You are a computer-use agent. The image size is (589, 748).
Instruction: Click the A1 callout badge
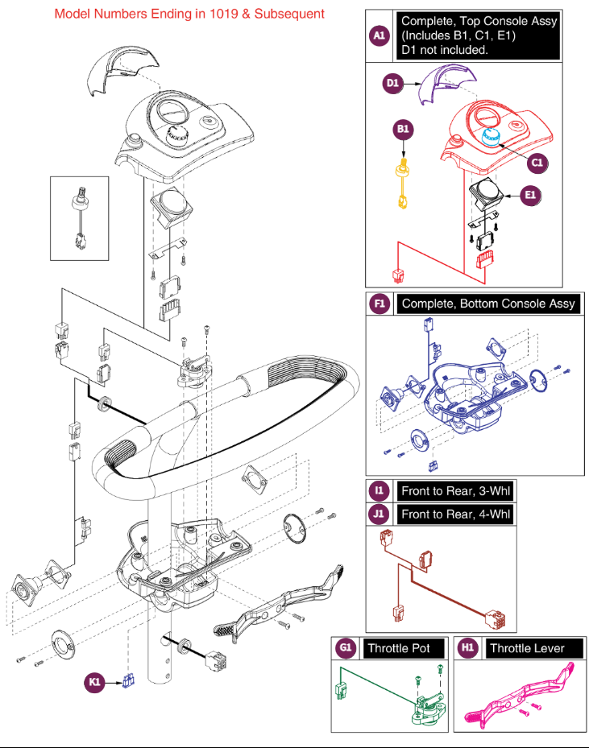(x=379, y=35)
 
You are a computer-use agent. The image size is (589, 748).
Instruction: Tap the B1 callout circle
(x=403, y=130)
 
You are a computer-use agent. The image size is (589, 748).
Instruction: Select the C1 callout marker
(x=537, y=162)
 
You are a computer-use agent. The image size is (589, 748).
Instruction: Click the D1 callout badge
(x=392, y=82)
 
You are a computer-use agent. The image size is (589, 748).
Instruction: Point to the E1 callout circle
(x=529, y=194)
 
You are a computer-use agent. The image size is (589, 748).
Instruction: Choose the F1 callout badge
(x=380, y=304)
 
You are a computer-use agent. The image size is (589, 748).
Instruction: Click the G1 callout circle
(x=346, y=648)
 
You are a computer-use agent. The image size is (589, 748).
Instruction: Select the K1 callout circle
(x=95, y=683)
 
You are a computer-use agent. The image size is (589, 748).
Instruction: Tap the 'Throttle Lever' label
(x=527, y=648)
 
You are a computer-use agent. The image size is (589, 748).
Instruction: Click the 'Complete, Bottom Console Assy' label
(x=488, y=304)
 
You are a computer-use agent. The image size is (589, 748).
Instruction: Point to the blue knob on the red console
(x=490, y=136)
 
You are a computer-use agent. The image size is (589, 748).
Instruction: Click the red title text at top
(x=189, y=14)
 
